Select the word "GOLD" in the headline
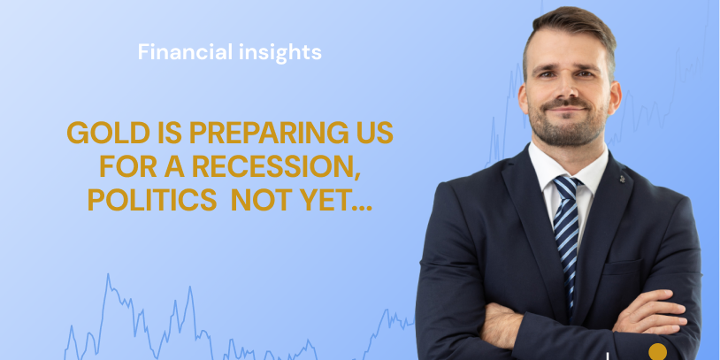click(x=109, y=133)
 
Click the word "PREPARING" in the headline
click(x=257, y=133)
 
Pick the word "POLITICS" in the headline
click(x=152, y=200)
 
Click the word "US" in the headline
click(x=373, y=133)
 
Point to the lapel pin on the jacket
click(x=622, y=179)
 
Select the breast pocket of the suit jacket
click(x=623, y=268)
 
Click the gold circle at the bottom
click(x=657, y=352)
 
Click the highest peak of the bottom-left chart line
click(x=108, y=274)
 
